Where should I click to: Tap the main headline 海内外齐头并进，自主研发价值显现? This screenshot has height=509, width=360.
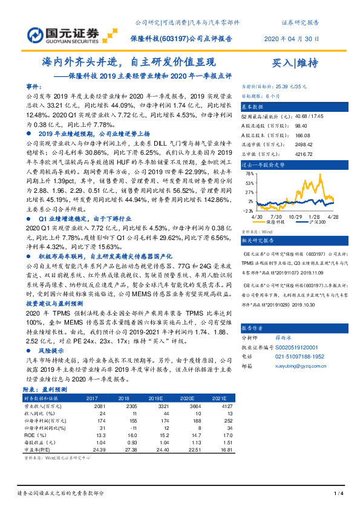pyautogui.click(x=128, y=62)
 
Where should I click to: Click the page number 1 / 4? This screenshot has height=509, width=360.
pyautogui.click(x=338, y=494)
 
